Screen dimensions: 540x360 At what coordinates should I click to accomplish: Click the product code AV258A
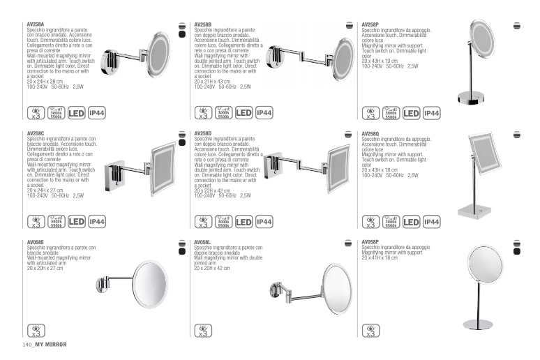[x=36, y=24]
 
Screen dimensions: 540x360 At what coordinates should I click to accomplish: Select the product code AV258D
[x=203, y=133]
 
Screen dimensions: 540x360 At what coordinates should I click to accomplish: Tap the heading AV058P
[x=370, y=242]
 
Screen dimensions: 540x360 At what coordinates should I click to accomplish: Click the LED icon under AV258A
[x=76, y=113]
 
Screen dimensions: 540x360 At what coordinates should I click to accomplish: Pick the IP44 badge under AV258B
[x=264, y=112]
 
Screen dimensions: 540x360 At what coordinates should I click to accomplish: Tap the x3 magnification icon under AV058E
[x=36, y=331]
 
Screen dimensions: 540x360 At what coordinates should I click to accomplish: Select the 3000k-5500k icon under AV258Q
[x=391, y=222]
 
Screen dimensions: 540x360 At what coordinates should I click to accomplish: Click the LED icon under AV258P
[x=411, y=113]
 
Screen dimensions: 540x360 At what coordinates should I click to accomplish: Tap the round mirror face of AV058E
[x=150, y=284]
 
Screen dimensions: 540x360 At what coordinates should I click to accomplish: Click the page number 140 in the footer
[x=27, y=345]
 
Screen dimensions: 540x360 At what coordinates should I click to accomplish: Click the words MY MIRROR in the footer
[x=51, y=345]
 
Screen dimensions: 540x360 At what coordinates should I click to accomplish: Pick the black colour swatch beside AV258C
[x=182, y=142]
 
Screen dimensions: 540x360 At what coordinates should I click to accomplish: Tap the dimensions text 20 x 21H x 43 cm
[x=212, y=82]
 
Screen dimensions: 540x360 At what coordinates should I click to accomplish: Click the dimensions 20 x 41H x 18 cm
[x=380, y=257]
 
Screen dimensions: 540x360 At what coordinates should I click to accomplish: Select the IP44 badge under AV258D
[x=264, y=222]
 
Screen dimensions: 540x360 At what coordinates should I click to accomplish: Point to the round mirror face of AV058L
[x=337, y=289]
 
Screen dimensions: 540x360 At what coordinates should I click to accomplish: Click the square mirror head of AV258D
[x=339, y=169]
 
